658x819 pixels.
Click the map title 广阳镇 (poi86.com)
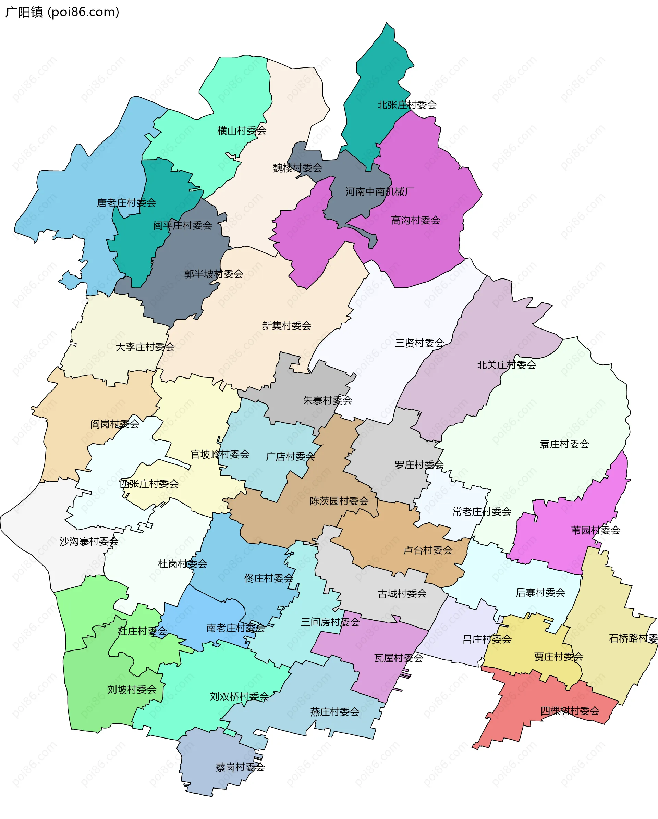[x=62, y=12]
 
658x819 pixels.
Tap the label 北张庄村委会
[x=407, y=105]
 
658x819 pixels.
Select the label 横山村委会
[x=242, y=131]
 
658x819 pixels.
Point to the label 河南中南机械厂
[x=380, y=192]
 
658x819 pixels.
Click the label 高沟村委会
[x=415, y=220]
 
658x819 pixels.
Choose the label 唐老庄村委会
[x=126, y=203]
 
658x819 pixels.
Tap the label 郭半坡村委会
[x=214, y=274]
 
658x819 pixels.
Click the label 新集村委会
[x=287, y=325]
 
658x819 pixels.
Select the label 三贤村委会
[x=420, y=343]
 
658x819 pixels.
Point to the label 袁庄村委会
[x=564, y=444]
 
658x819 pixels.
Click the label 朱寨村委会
[x=328, y=400]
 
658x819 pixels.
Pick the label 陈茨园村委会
[x=339, y=501]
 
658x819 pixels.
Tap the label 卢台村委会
[x=428, y=550]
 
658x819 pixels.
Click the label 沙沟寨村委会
[x=89, y=541]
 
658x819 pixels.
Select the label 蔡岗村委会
[x=240, y=767]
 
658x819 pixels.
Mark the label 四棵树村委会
[x=570, y=711]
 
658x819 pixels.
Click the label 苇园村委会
[x=596, y=530]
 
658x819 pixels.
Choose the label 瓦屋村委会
[x=399, y=658]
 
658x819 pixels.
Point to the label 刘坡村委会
[x=132, y=690]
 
